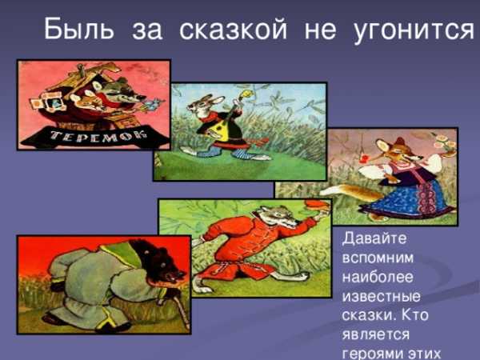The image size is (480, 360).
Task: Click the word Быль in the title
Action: tap(79, 29)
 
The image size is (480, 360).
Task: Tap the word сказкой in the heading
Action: tap(234, 29)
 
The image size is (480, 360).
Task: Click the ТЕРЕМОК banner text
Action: tap(98, 136)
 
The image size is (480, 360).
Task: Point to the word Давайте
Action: tap(374, 238)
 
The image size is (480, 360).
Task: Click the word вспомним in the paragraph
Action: tap(378, 258)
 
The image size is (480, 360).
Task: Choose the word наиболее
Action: tap(378, 277)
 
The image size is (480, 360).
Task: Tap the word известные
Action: tap(381, 297)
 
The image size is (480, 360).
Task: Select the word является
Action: tap(376, 334)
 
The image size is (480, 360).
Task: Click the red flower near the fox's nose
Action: tap(364, 159)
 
